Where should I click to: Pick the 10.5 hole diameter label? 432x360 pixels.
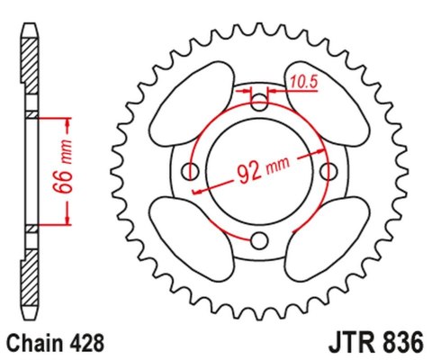[301, 84]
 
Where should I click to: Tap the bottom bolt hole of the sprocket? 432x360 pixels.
[259, 239]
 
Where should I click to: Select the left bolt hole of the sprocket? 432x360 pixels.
[191, 171]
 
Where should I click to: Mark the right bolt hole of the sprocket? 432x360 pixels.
[328, 171]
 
